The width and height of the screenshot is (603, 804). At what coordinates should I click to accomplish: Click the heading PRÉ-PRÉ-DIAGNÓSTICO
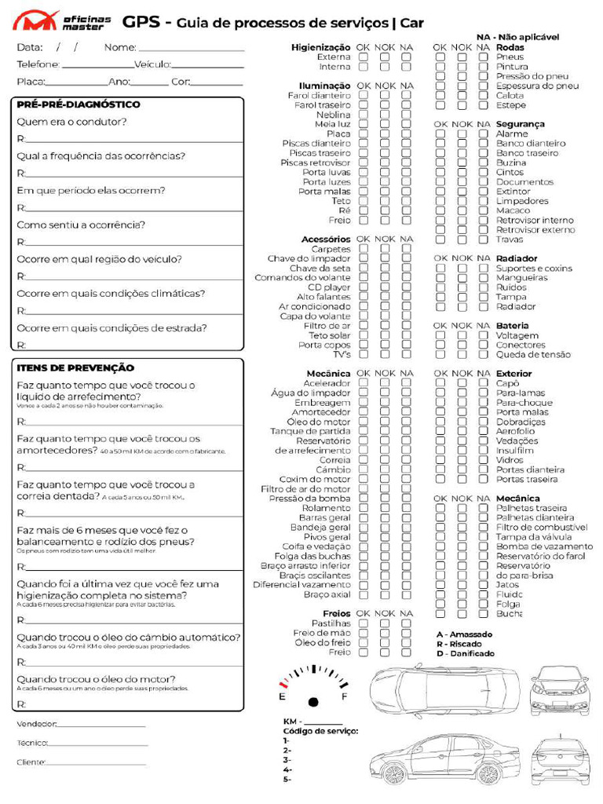[x=79, y=104]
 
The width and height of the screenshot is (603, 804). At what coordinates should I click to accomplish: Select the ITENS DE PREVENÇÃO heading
[x=75, y=367]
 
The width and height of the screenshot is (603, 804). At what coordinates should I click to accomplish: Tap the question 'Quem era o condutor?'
[x=71, y=122]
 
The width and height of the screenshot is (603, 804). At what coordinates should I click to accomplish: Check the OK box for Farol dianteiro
[x=364, y=96]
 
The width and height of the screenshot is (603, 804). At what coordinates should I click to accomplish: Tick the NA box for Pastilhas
[x=406, y=623]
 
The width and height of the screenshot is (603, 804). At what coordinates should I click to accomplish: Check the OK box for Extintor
[x=440, y=192]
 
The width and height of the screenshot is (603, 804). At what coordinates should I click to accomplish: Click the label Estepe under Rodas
[x=510, y=105]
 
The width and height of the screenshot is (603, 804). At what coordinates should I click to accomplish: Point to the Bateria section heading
[x=512, y=326]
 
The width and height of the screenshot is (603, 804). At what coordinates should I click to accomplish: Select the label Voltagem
[x=517, y=335]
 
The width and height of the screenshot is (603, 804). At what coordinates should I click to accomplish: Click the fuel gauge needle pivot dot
[x=313, y=701]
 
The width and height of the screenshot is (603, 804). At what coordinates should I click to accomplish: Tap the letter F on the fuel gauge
[x=344, y=696]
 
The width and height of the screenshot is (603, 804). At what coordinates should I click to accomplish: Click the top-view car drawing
[x=444, y=689]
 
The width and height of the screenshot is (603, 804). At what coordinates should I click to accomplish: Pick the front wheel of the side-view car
[x=394, y=774]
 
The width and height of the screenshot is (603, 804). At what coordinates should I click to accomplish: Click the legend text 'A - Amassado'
[x=464, y=634]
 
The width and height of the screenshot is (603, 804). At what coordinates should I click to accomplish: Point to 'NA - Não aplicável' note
[x=517, y=37]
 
